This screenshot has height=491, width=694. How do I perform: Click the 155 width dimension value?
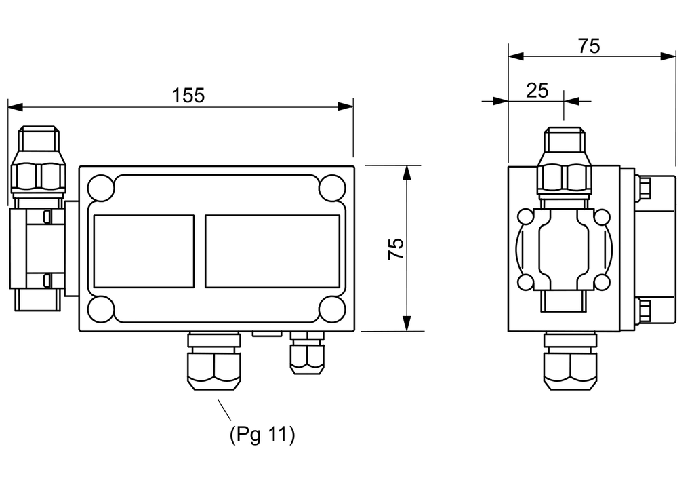pyautogui.click(x=188, y=96)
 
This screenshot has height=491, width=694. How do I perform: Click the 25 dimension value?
pyautogui.click(x=537, y=90)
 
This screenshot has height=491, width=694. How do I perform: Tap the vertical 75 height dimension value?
pyautogui.click(x=396, y=249)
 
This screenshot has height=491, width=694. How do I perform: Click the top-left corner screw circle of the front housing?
pyautogui.click(x=101, y=188)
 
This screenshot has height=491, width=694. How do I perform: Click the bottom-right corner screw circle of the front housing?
pyautogui.click(x=332, y=309)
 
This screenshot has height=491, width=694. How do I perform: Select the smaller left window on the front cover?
pyautogui.click(x=144, y=252)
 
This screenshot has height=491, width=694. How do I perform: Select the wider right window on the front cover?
pyautogui.click(x=272, y=252)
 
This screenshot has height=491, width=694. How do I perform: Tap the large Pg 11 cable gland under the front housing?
pyautogui.click(x=214, y=361)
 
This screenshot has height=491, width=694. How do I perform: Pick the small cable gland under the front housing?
pyautogui.click(x=307, y=353)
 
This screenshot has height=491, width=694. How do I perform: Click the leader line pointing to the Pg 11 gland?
pyautogui.click(x=224, y=410)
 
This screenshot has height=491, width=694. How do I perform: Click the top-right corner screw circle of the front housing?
pyautogui.click(x=332, y=188)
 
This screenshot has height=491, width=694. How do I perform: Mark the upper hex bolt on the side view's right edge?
pyautogui.click(x=644, y=188)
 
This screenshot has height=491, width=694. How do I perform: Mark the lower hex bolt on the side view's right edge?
pyautogui.click(x=644, y=310)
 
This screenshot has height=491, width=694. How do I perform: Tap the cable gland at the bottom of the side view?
pyautogui.click(x=571, y=361)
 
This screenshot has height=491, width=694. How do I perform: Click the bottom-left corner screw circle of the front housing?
pyautogui.click(x=101, y=309)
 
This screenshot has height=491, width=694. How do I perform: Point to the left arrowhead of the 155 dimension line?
pyautogui.click(x=16, y=106)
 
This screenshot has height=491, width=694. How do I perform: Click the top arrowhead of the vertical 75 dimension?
pyautogui.click(x=407, y=173)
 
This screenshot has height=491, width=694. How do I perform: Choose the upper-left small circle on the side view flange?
pyautogui.click(x=526, y=217)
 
